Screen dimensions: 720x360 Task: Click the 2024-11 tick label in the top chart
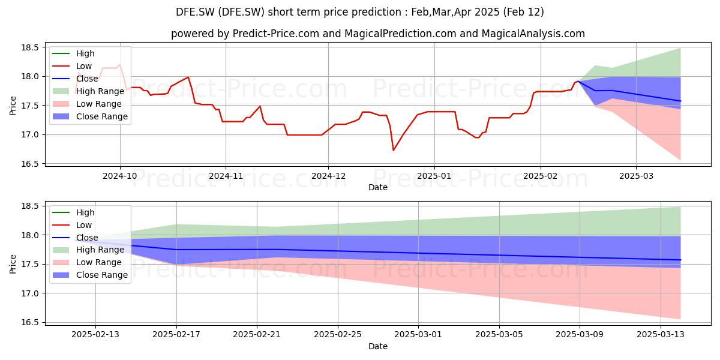point(226,176)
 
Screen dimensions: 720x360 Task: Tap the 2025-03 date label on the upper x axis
point(636,176)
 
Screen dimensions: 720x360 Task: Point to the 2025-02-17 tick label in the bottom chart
point(176,335)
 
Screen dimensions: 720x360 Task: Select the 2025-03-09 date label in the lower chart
point(580,335)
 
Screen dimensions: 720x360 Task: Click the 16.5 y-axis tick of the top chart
point(30,164)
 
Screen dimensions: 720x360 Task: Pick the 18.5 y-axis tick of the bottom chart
point(30,206)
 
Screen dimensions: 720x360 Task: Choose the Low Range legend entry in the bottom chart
point(87,262)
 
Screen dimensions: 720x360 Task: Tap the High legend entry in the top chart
point(73,53)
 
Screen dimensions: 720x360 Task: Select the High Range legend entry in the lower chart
point(88,250)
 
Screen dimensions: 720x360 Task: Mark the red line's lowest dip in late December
point(393,150)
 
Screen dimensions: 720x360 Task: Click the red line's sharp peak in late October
point(188,77)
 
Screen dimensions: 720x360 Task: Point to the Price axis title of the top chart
point(13,106)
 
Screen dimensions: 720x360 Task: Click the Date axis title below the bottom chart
point(377,346)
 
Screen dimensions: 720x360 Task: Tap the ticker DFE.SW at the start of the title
point(195,12)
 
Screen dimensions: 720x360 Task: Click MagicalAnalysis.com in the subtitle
point(533,34)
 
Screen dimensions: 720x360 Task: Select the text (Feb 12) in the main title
point(523,12)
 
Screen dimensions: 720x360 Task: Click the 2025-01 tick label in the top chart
point(434,176)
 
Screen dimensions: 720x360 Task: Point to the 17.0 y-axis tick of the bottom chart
point(30,293)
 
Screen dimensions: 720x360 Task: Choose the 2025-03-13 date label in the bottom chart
point(661,335)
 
